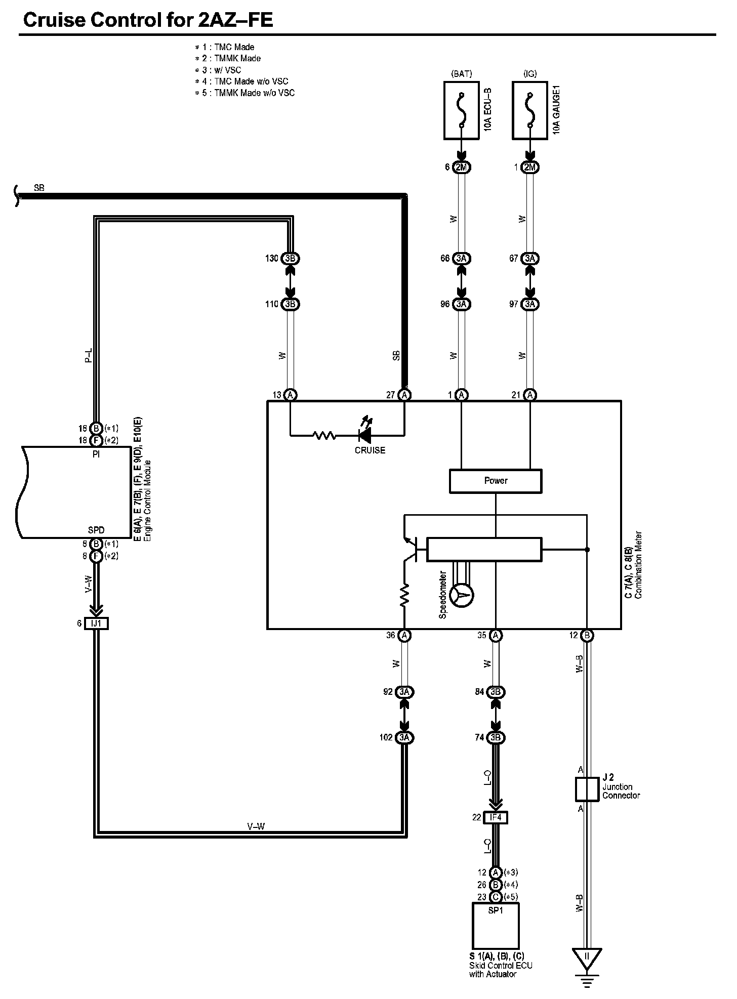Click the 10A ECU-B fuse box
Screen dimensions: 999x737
click(461, 111)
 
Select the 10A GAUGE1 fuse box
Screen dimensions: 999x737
click(530, 111)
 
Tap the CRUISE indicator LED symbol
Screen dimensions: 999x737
click(364, 434)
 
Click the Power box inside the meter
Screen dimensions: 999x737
click(496, 481)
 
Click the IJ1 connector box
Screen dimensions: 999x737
click(96, 623)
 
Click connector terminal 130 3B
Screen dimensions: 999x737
click(290, 258)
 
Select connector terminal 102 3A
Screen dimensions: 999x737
click(404, 737)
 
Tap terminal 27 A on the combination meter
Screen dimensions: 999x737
click(404, 395)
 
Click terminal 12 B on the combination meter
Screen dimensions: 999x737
click(587, 635)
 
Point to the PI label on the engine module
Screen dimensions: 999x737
click(96, 454)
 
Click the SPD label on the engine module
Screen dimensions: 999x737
click(96, 530)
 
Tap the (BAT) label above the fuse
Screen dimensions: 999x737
click(461, 74)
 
